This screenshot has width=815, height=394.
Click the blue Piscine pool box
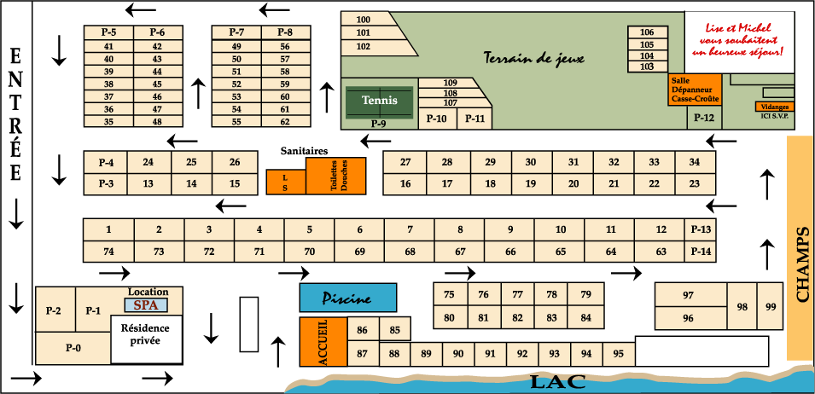click(x=347, y=298)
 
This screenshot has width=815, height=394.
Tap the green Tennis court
click(x=380, y=102)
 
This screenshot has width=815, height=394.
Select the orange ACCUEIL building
click(x=323, y=342)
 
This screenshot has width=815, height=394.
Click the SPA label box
click(x=146, y=304)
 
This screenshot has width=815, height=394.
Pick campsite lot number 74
click(x=108, y=252)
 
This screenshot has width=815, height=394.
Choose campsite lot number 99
click(x=771, y=306)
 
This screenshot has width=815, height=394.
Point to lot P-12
click(x=705, y=117)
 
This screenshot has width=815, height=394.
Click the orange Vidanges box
click(x=774, y=107)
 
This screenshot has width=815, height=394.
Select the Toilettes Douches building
click(x=335, y=176)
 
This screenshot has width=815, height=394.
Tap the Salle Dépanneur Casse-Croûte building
click(x=695, y=90)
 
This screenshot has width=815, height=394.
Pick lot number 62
click(x=285, y=122)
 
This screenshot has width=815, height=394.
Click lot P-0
click(x=73, y=348)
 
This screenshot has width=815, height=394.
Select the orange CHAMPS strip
click(x=800, y=248)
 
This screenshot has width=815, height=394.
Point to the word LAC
click(x=558, y=383)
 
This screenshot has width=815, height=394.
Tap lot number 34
click(x=695, y=162)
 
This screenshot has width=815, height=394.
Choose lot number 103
click(x=647, y=67)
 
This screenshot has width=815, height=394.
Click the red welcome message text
click(x=738, y=39)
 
